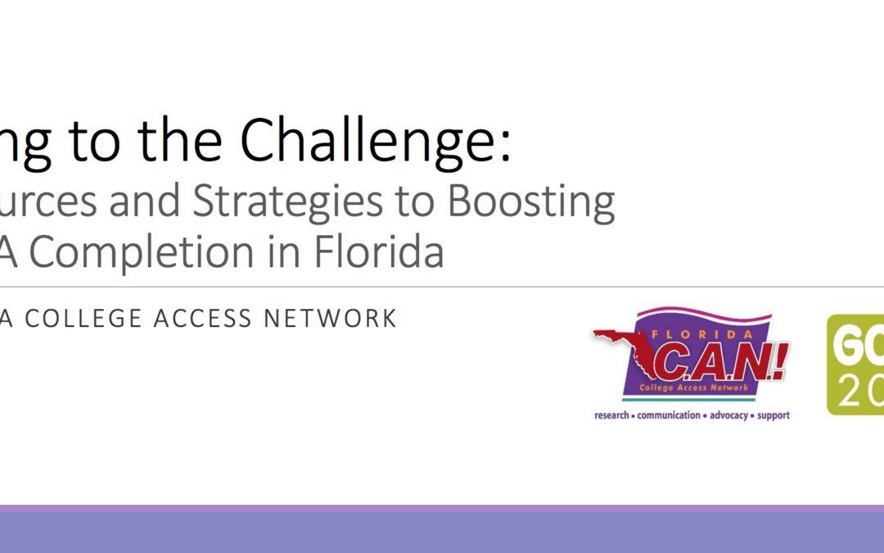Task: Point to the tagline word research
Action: tap(612, 415)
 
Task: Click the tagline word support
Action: tap(773, 415)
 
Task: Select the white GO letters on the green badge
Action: tap(859, 348)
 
